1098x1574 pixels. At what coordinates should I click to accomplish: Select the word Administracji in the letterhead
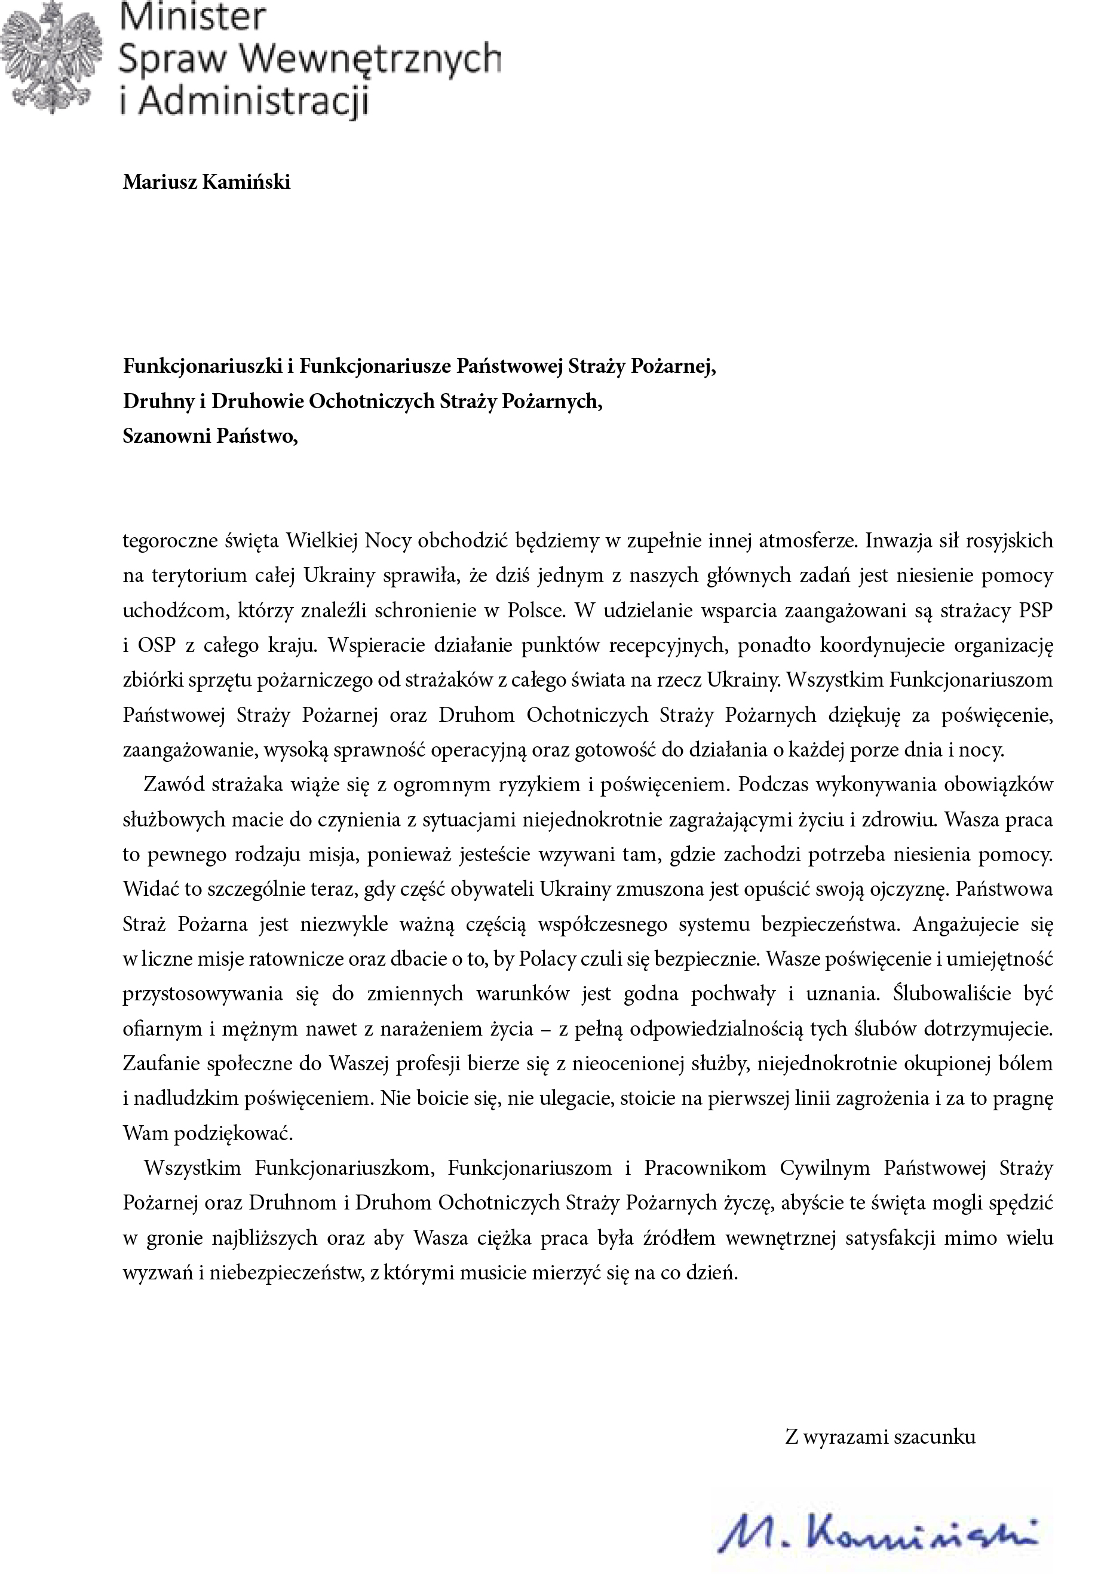pos(254,101)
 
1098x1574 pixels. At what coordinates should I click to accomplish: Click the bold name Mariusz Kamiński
pos(206,182)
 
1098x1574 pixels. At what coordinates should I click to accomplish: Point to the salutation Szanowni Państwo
pos(210,436)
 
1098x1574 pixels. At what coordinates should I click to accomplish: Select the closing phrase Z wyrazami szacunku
pos(880,1437)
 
